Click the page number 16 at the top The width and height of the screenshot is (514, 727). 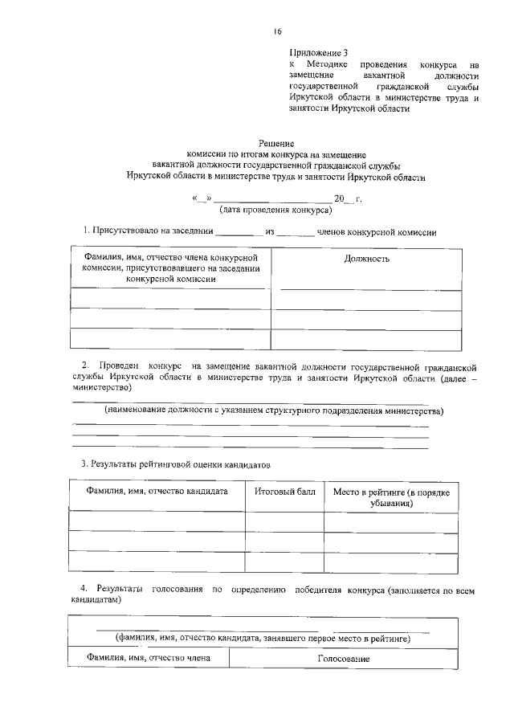[x=277, y=32]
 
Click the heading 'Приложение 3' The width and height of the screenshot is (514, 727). [x=319, y=51]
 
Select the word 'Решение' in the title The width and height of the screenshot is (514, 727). [x=275, y=142]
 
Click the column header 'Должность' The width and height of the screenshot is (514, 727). [x=366, y=259]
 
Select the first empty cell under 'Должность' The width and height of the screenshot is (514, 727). [x=366, y=300]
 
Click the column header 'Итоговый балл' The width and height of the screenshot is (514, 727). [x=284, y=491]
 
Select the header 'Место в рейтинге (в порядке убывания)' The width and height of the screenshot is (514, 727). [x=391, y=496]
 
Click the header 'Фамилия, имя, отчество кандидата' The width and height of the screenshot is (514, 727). [x=157, y=491]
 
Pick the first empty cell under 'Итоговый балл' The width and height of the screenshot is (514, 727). [x=284, y=521]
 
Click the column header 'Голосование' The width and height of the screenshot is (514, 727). [x=343, y=659]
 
